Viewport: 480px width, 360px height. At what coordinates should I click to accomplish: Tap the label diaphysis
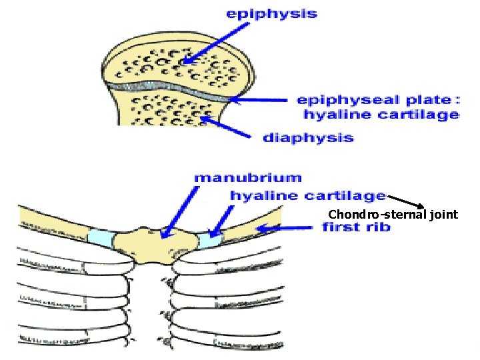click(308, 138)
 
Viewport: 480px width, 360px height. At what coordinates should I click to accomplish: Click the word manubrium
click(247, 178)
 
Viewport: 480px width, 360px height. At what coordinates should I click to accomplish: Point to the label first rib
click(356, 227)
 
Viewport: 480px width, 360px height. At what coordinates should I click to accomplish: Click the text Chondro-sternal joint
click(393, 214)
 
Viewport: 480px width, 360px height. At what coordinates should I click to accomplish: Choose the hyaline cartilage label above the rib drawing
click(308, 195)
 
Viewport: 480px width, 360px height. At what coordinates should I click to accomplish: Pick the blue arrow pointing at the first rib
click(283, 229)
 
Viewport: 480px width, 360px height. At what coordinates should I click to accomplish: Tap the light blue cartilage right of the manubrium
click(208, 239)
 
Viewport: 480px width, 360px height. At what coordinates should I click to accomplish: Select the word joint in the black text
click(444, 214)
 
